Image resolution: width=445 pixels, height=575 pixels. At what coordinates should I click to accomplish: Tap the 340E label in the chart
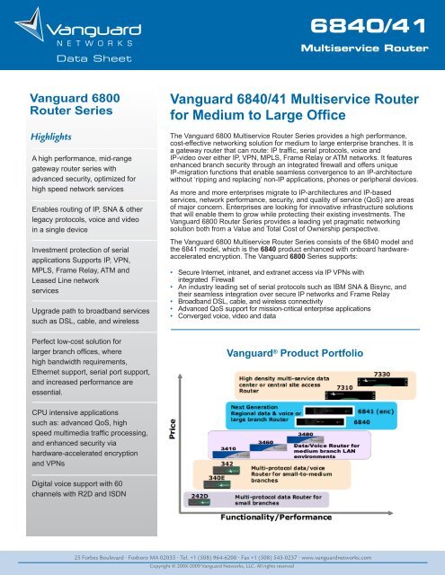(217, 478)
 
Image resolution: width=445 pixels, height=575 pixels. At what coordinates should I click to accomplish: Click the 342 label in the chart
(230, 463)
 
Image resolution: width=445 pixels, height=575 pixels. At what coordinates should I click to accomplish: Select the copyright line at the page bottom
(222, 567)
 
